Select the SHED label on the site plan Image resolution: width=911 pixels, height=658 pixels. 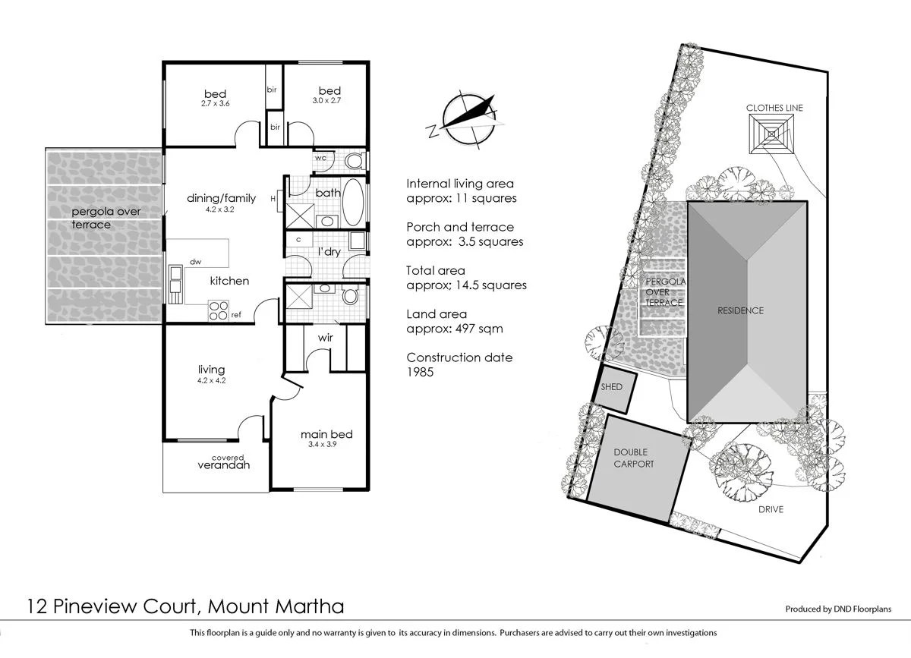[611, 387]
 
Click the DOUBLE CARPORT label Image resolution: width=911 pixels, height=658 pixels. [633, 458]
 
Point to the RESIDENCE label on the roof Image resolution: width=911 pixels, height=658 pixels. [740, 310]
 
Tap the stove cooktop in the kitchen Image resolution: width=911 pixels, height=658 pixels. [218, 310]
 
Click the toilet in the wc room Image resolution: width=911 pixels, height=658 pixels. [353, 160]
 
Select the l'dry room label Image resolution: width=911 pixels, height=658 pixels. [329, 251]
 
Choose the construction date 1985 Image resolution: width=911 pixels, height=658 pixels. [420, 372]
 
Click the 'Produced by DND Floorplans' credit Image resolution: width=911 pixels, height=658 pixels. [837, 609]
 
